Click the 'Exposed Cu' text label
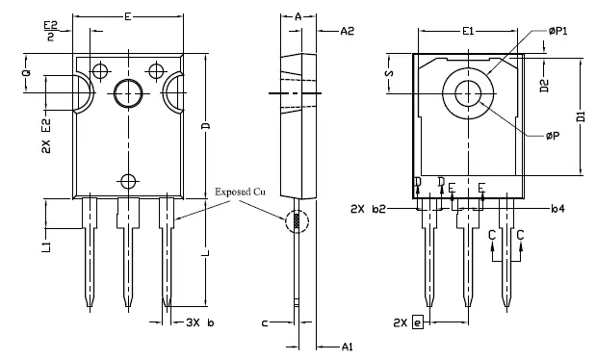240,192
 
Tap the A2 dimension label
349,32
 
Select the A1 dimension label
349,346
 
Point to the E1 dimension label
467,32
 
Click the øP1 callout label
557,31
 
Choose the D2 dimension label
544,86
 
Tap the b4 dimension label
557,208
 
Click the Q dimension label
26,71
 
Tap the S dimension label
388,73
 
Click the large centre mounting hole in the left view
127,93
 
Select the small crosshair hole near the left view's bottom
127,180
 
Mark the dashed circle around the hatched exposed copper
298,220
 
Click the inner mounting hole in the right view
468,93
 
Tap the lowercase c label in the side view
264,321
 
